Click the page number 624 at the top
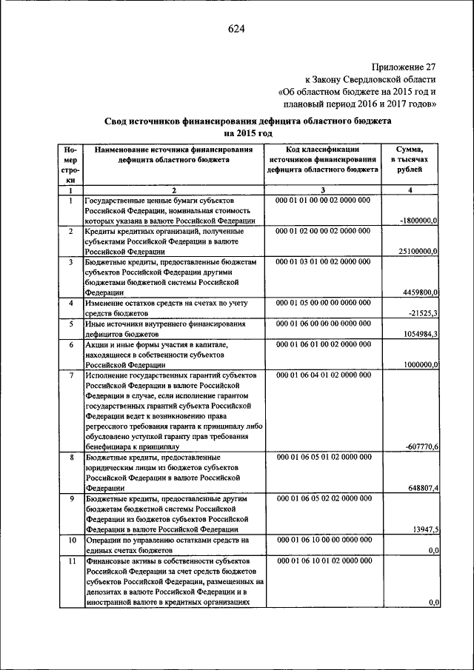[236, 29]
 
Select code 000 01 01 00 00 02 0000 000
[322, 201]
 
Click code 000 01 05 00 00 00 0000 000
[322, 303]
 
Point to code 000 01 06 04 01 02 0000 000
[322, 375]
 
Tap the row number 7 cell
[70, 375]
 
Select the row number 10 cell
[70, 540]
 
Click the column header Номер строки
[70, 164]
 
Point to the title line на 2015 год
[248, 133]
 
